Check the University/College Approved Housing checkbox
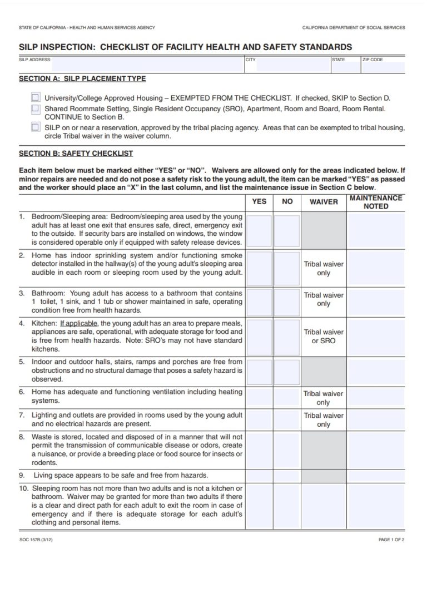pos(36,96)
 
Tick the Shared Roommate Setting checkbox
pos(36,108)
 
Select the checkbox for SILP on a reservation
pos(36,127)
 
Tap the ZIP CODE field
pos(383,67)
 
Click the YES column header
pos(259,201)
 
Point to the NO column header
pos(287,201)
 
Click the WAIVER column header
pos(323,201)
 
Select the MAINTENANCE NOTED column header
pos(376,201)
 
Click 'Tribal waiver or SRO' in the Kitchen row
pos(323,336)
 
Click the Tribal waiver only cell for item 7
pos(323,419)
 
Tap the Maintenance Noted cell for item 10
pos(376,506)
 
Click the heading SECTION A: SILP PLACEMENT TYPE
pos(82,79)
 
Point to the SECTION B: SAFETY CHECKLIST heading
pos(76,153)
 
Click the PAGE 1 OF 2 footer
pos(391,540)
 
